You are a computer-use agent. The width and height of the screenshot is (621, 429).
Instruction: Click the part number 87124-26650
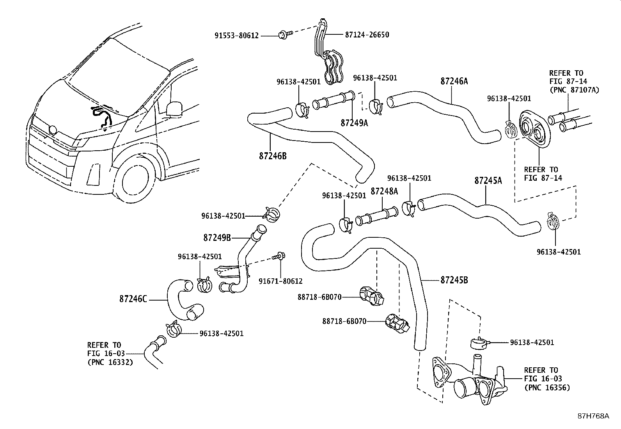pos(367,35)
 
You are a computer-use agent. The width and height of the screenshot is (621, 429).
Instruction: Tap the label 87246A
pos(454,81)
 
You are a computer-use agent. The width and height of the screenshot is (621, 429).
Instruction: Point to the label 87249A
pos(354,123)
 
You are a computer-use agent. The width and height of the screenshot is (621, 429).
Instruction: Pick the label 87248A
pos(384,191)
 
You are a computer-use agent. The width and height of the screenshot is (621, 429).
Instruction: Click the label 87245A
pos(488,181)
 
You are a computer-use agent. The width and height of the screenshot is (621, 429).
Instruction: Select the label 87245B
pos(454,280)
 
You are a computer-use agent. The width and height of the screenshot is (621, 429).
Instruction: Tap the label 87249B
pos(217,237)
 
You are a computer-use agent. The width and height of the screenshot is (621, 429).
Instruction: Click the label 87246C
pos(133,299)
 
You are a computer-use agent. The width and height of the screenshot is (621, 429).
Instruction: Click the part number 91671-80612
pos(280,281)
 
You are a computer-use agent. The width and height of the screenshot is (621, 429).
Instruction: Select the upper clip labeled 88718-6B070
pos(372,296)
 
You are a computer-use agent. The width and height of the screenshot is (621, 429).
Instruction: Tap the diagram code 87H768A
pos(593,416)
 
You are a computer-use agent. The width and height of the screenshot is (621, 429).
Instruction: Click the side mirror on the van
pos(174,109)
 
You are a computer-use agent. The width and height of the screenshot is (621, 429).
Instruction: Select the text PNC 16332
pos(110,362)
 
